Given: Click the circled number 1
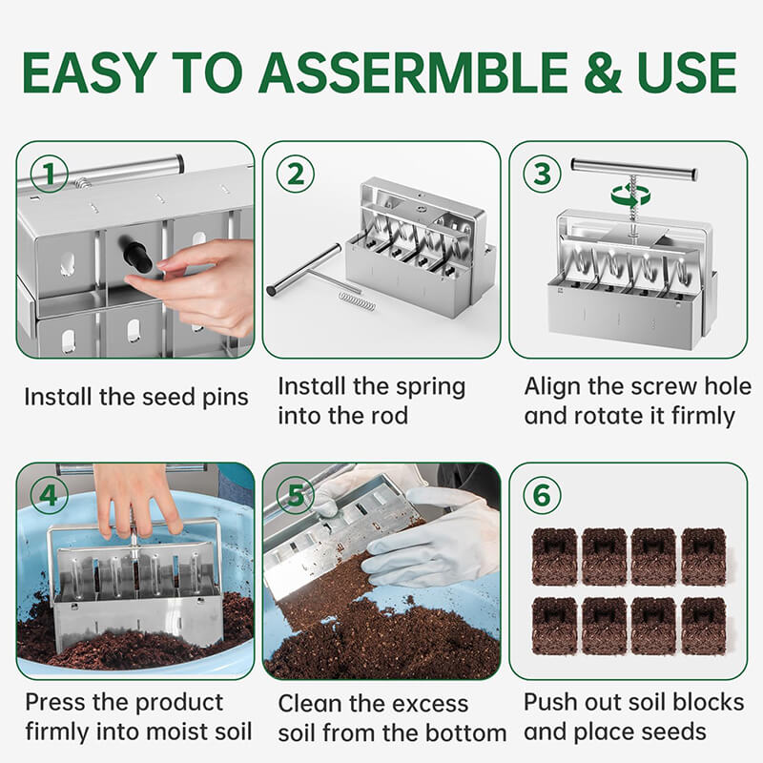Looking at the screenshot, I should [50, 175].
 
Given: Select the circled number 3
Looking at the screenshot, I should [542, 175].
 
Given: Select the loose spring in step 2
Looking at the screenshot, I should [357, 301].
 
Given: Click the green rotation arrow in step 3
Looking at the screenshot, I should [630, 195].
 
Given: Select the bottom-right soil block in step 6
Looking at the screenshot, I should [704, 625].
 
